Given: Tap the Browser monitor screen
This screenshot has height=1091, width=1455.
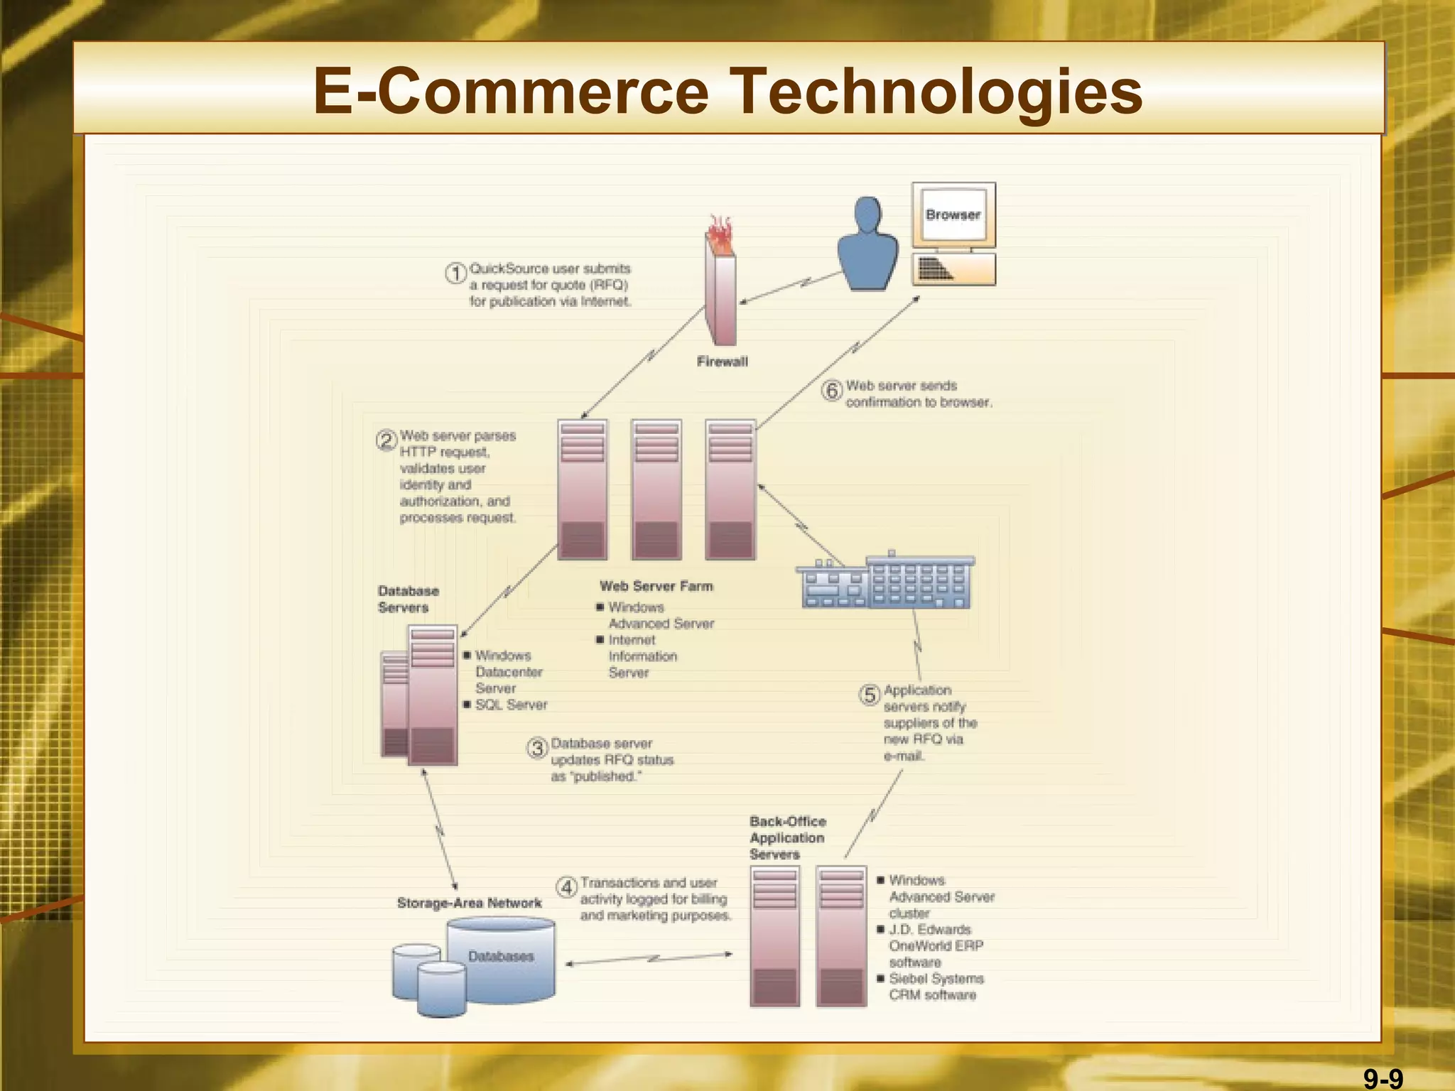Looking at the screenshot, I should coord(953,215).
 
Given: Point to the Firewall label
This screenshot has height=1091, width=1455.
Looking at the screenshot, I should coord(722,362).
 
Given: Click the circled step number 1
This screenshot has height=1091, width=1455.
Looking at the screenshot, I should coord(455,273).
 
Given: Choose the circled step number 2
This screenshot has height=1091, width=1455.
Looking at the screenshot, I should coord(386,440).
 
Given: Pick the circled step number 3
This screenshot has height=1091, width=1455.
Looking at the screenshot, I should coord(537,748).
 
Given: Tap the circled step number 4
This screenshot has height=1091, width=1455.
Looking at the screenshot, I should coord(566,887).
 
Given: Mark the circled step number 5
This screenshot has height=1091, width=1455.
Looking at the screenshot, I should coord(870,695).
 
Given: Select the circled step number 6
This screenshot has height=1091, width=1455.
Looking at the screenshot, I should coord(832,390).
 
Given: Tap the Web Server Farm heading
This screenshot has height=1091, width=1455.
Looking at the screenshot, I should coord(656,586).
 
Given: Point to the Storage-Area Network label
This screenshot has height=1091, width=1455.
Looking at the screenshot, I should coord(469,903).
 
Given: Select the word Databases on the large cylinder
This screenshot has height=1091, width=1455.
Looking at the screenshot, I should coord(501,956).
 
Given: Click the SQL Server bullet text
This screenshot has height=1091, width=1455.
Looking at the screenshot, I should coord(511,705).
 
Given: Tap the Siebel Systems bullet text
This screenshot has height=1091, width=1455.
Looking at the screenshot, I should coord(936,979).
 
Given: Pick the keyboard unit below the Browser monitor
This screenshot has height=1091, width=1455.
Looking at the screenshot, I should coord(953,269).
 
